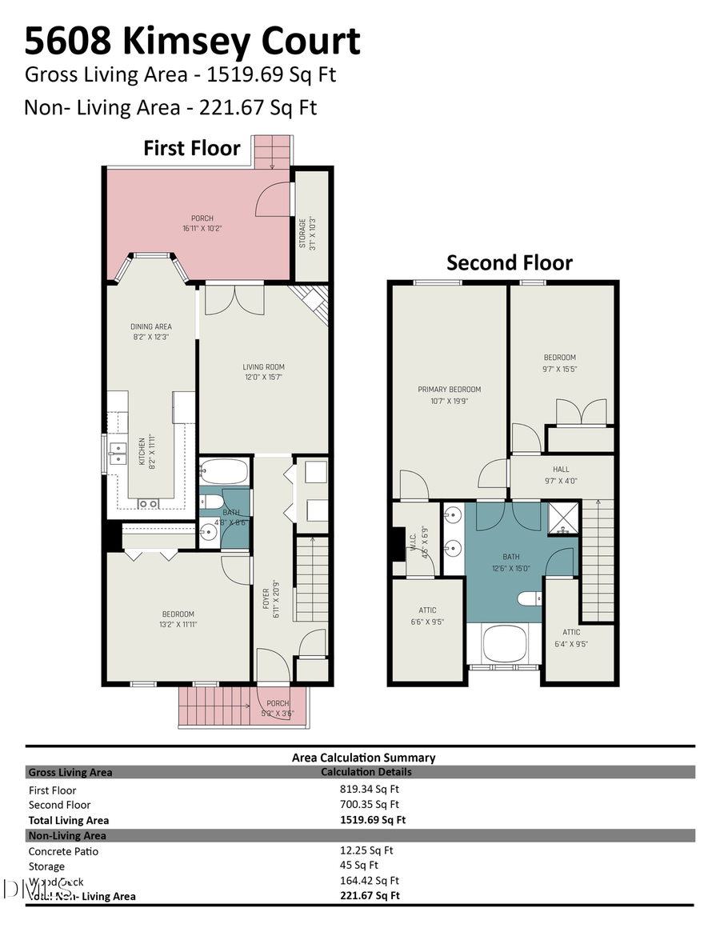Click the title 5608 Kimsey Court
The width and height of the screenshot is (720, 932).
click(192, 40)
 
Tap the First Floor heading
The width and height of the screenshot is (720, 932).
click(191, 148)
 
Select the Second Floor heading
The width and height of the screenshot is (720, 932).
click(509, 262)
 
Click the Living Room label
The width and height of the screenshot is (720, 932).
click(264, 372)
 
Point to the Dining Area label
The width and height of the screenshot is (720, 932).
click(151, 331)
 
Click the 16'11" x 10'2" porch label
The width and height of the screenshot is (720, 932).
click(202, 223)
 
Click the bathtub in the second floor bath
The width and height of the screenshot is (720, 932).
click(504, 645)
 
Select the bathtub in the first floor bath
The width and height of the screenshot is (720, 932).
click(224, 472)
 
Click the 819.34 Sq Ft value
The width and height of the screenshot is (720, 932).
click(370, 789)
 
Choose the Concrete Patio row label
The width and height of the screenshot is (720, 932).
click(63, 851)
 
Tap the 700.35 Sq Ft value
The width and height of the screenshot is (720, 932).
click(370, 804)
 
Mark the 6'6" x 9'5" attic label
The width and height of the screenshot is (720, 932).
click(427, 615)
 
